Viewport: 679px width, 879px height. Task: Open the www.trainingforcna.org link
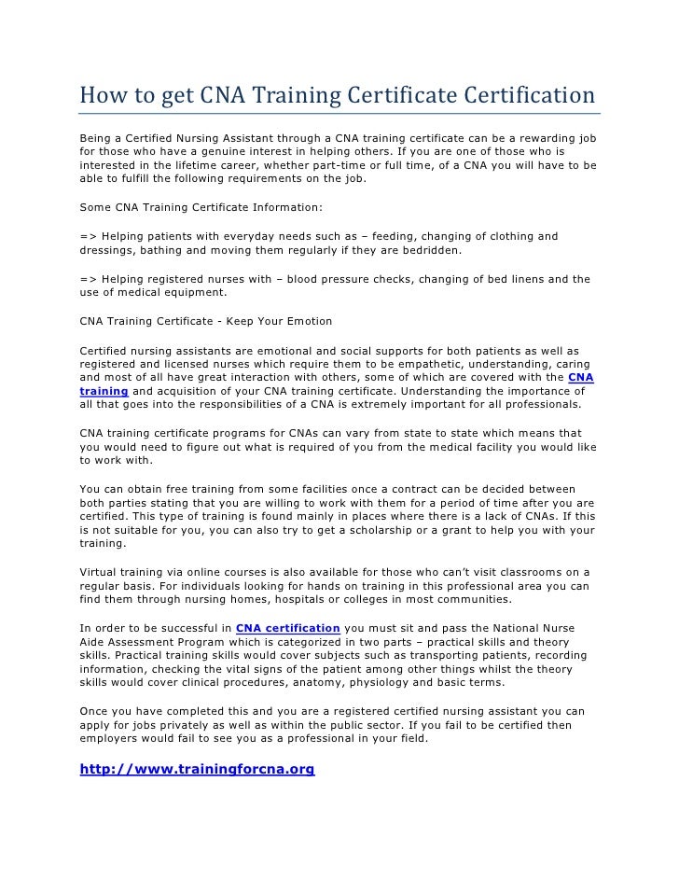click(197, 770)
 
